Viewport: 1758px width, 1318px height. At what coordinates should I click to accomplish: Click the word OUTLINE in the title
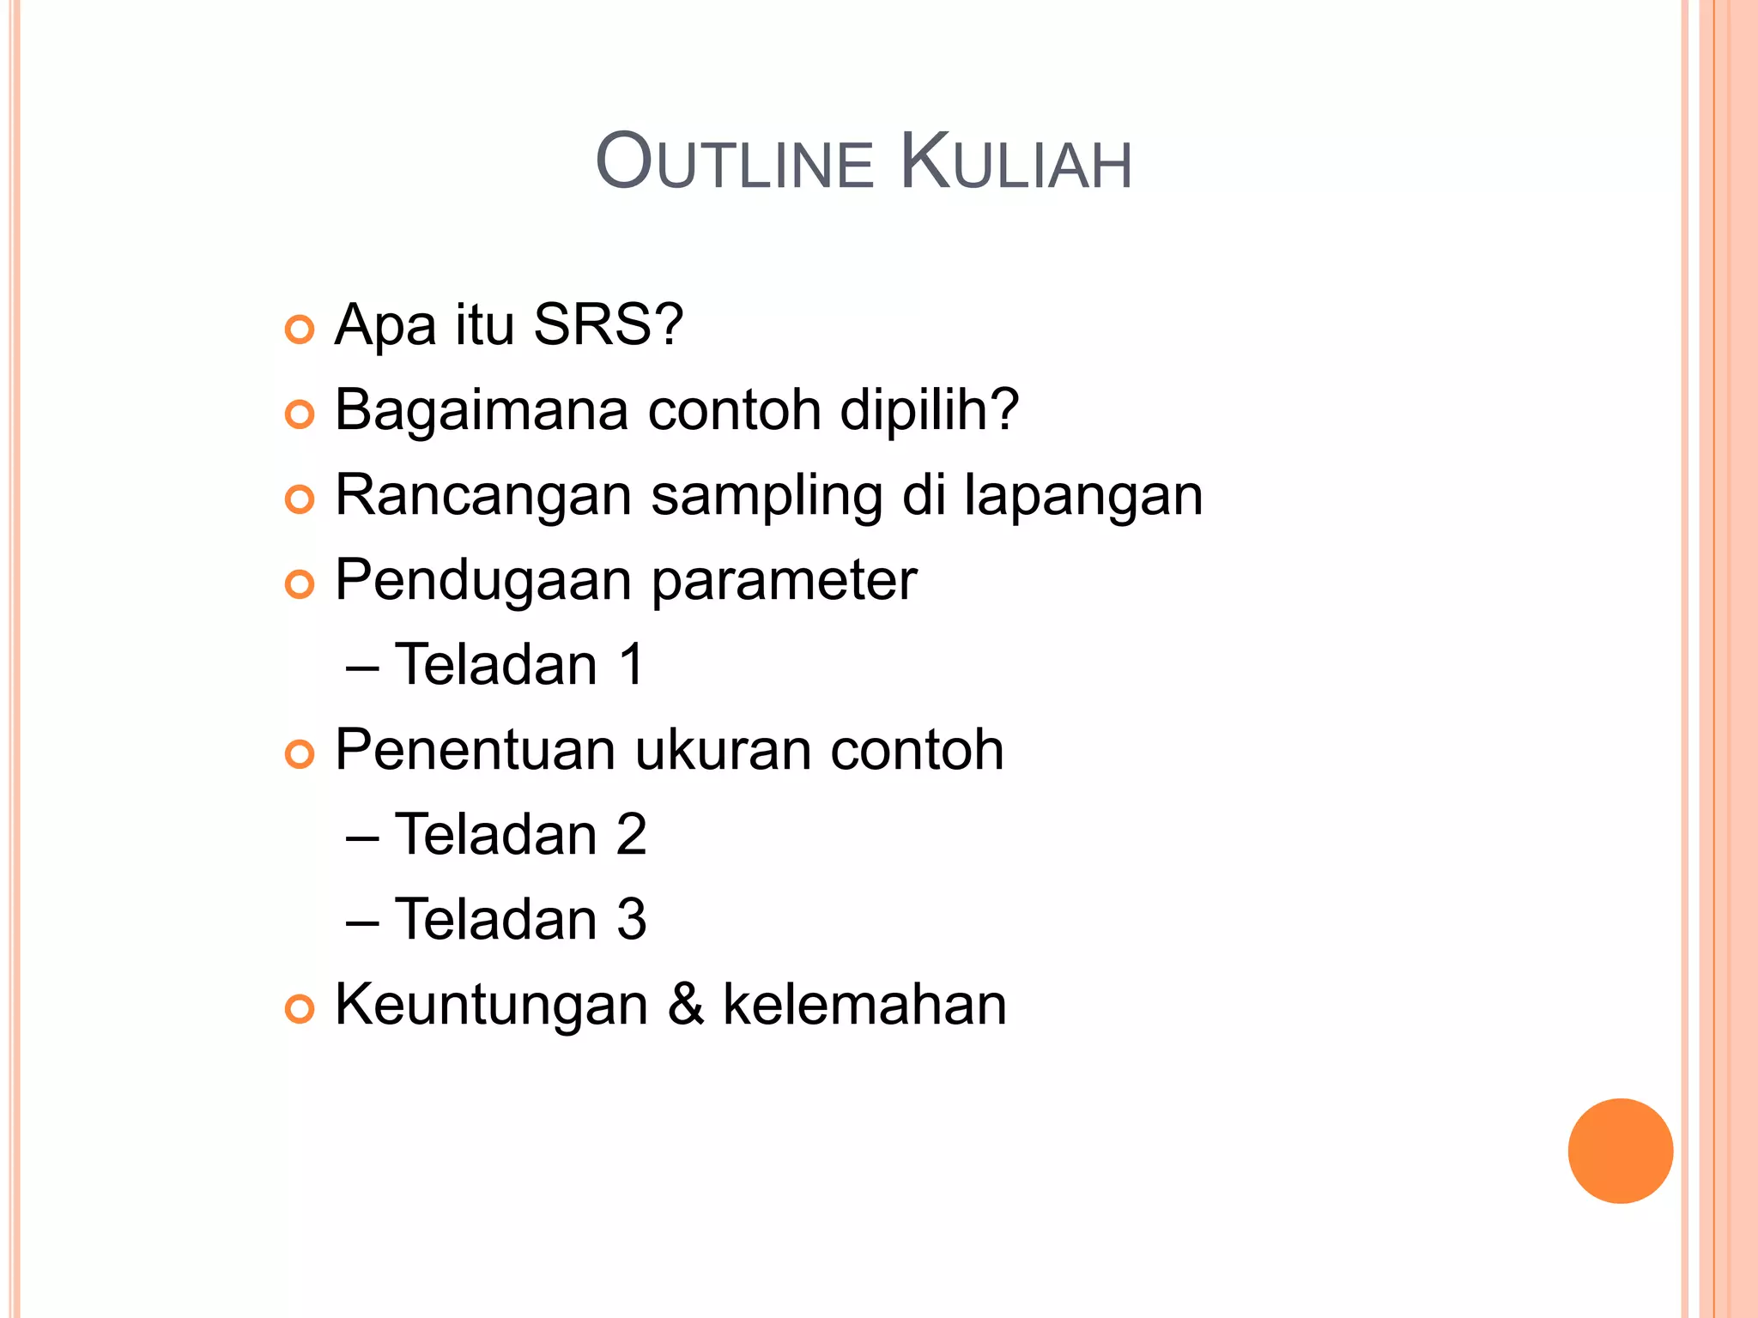[x=735, y=163]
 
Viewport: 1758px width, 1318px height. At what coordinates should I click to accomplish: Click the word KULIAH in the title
[x=1016, y=163]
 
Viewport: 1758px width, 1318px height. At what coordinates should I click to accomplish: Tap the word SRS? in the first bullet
[x=608, y=325]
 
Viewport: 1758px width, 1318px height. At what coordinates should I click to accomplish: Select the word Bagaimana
[x=482, y=411]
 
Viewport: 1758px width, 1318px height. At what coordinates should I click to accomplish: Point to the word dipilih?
[x=929, y=409]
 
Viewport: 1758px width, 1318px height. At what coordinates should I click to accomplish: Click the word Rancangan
[x=483, y=497]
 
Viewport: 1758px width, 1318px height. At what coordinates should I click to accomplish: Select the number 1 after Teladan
[x=632, y=665]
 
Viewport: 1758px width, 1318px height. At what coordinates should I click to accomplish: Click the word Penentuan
[x=475, y=750]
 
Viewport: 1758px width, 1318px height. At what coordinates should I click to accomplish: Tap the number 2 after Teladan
[x=631, y=835]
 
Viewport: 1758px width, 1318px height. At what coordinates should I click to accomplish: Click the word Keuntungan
[x=491, y=1005]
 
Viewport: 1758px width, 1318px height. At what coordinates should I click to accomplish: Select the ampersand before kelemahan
[x=686, y=1004]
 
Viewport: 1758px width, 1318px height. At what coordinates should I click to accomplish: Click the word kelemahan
[x=864, y=1004]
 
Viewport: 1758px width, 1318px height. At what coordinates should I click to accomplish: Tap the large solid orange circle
[x=1620, y=1151]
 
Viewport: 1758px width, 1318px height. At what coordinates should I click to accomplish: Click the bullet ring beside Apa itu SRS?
[x=300, y=329]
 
